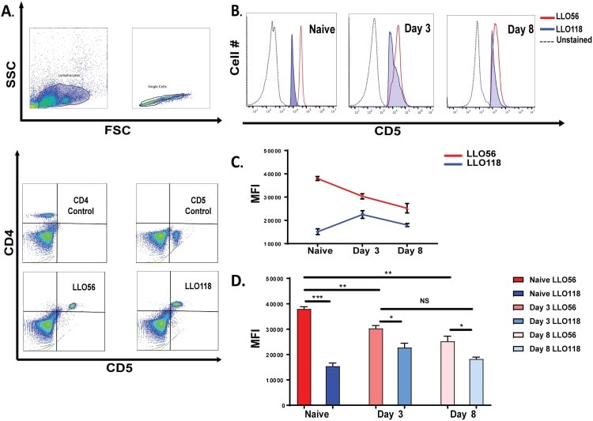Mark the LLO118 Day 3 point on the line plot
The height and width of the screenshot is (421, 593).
pyautogui.click(x=361, y=214)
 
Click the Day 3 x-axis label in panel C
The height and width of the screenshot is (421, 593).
pyautogui.click(x=361, y=250)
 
